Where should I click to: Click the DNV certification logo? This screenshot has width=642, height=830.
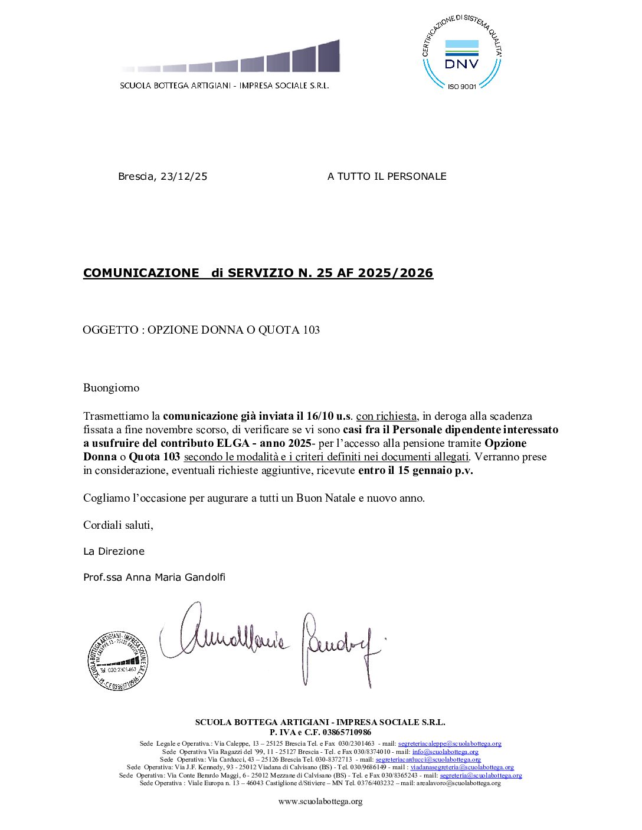(x=461, y=53)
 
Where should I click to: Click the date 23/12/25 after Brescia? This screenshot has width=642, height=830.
(x=184, y=176)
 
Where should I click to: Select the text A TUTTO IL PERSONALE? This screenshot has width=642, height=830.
(x=386, y=176)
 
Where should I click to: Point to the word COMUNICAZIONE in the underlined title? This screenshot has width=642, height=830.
(x=141, y=273)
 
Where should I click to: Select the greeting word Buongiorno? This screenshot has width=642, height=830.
(x=111, y=388)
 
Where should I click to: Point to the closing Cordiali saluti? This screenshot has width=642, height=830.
(x=118, y=525)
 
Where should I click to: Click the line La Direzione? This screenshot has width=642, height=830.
(x=114, y=551)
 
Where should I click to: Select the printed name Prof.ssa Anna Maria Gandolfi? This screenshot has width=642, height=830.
(x=154, y=577)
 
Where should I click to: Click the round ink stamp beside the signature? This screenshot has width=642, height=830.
(x=117, y=660)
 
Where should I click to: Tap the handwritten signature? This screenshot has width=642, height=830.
(x=271, y=643)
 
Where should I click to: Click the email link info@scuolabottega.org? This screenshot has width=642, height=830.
(x=445, y=752)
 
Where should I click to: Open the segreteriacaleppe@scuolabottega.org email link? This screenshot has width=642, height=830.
(x=450, y=744)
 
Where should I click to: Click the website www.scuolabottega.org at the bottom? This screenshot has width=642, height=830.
(x=320, y=801)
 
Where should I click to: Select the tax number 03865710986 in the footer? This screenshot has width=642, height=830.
(x=348, y=732)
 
